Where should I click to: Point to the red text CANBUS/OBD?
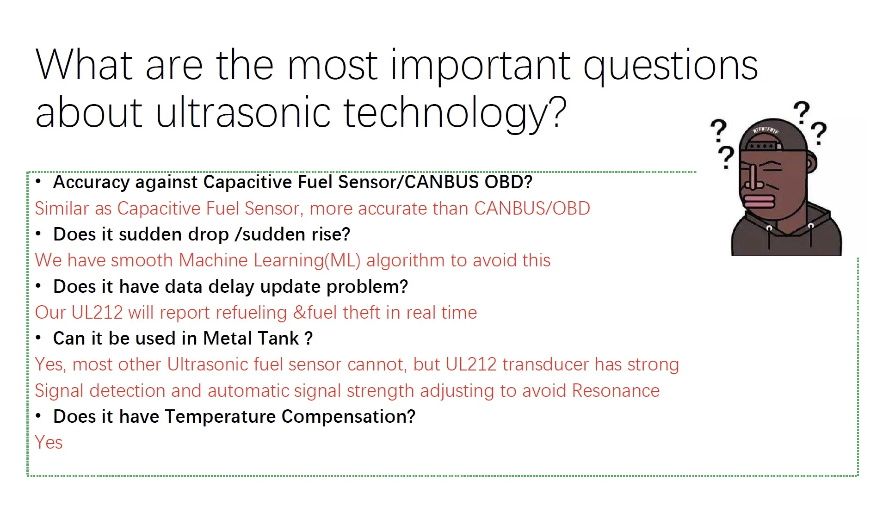(x=532, y=209)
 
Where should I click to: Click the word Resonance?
(x=616, y=391)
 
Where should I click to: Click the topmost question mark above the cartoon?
(x=802, y=112)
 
